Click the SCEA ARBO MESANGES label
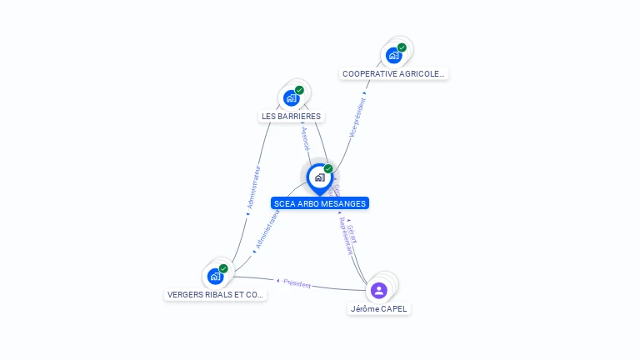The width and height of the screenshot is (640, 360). pos(319,203)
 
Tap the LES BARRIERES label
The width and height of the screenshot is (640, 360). pos(291,117)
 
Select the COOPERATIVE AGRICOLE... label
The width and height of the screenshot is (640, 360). pos(394,73)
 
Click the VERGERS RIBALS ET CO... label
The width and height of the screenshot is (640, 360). pos(216,294)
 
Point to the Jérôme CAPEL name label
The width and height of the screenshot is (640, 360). pos(379,309)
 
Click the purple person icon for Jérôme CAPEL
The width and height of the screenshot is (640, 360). pos(378,290)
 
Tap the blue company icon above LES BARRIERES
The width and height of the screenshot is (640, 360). pos(291,98)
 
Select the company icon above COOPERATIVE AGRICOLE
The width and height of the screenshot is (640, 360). pos(393,56)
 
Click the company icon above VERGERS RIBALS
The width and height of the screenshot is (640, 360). pos(215,276)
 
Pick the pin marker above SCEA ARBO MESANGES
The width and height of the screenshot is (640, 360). pos(319,177)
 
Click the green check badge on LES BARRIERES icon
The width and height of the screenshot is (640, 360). pos(299,90)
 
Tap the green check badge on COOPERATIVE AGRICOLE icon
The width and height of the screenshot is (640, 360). pos(402,47)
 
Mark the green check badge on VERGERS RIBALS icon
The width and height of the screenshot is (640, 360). pos(223,268)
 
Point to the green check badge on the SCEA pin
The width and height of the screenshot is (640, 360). pos(328,169)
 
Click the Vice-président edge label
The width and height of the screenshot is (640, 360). pos(357,117)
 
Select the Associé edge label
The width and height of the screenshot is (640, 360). pos(305,138)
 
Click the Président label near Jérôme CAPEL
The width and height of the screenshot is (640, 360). pos(297,284)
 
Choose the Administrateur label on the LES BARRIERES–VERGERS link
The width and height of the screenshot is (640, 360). pos(254,187)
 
